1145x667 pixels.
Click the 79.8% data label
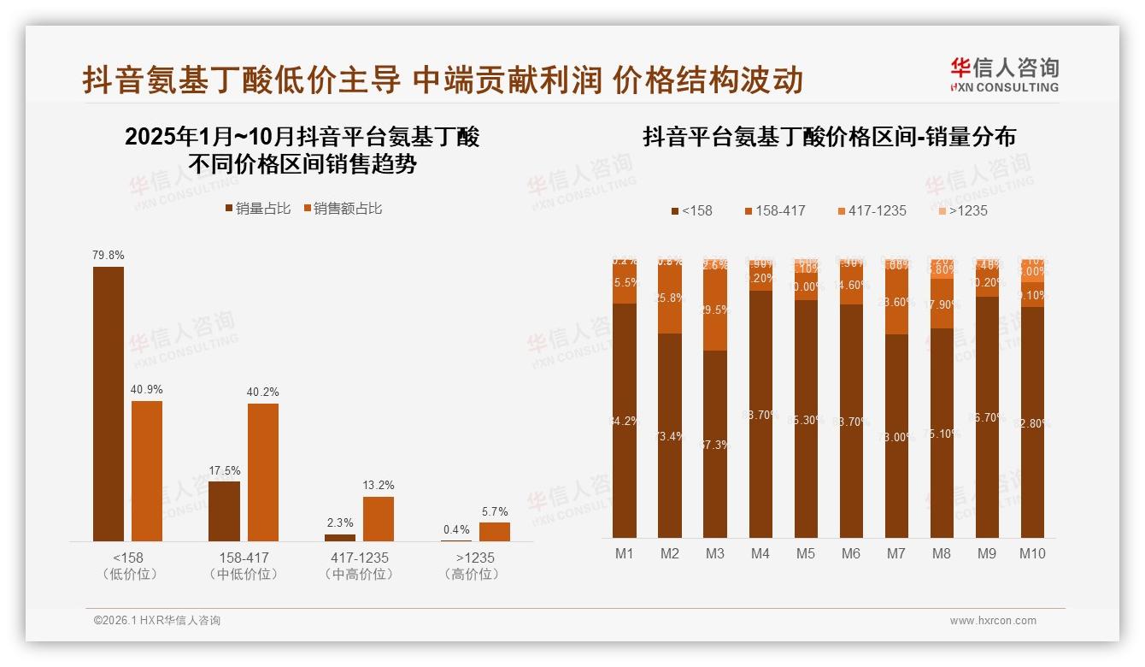pyautogui.click(x=109, y=255)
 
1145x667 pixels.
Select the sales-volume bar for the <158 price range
pyautogui.click(x=109, y=404)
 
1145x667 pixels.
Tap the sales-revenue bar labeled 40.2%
pyautogui.click(x=263, y=472)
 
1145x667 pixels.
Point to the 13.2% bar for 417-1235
pyautogui.click(x=379, y=519)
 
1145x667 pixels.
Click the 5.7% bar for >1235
pyautogui.click(x=495, y=532)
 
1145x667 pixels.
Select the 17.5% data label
pyautogui.click(x=225, y=470)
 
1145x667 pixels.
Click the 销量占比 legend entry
pyautogui.click(x=257, y=209)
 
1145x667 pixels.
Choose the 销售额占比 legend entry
pyautogui.click(x=342, y=209)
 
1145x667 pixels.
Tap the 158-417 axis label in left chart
pyautogui.click(x=244, y=558)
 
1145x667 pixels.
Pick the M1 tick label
pyautogui.click(x=625, y=553)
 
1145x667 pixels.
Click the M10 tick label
pyautogui.click(x=1032, y=553)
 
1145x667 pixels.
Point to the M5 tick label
pyautogui.click(x=806, y=553)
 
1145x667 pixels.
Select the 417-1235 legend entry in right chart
pyautogui.click(x=872, y=210)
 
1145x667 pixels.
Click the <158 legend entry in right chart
pyautogui.click(x=691, y=210)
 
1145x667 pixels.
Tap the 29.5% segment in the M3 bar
pyautogui.click(x=715, y=310)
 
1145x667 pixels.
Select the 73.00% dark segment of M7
pyautogui.click(x=896, y=436)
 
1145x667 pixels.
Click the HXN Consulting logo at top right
pyautogui.click(x=1004, y=74)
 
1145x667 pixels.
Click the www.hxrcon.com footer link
pyautogui.click(x=993, y=621)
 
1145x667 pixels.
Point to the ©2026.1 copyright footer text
pyautogui.click(x=157, y=621)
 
